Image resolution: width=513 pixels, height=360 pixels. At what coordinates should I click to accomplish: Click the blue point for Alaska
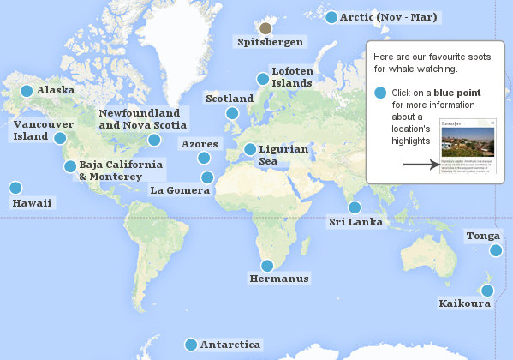coord(27,91)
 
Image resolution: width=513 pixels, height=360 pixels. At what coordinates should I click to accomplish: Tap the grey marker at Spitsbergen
coord(265,28)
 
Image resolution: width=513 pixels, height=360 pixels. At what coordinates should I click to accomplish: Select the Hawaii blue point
coord(15,188)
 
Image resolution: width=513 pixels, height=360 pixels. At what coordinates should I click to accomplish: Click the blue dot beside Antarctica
coord(191,345)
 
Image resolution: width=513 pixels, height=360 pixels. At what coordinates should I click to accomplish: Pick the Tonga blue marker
coord(496,250)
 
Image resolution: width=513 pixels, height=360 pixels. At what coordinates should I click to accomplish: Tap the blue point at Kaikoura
coord(486,291)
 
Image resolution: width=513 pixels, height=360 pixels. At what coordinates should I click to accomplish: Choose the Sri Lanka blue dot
coord(355,207)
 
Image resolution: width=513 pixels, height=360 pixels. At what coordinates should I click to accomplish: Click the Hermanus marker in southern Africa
coord(267,266)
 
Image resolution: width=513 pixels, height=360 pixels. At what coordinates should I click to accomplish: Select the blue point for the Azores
coord(204,158)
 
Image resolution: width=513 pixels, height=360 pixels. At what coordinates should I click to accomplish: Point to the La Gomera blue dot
coord(207,177)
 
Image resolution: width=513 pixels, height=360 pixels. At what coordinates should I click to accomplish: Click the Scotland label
coord(230,99)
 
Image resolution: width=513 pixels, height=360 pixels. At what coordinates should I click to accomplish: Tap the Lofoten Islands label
coord(292,76)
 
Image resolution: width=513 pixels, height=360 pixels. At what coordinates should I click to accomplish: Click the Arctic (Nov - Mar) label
coord(389,17)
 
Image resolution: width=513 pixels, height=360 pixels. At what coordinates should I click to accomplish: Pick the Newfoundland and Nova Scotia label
coord(140,119)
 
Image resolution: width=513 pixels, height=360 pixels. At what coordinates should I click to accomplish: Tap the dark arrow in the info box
coord(420,163)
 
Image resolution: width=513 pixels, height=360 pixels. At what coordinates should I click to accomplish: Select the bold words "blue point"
coord(456,93)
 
